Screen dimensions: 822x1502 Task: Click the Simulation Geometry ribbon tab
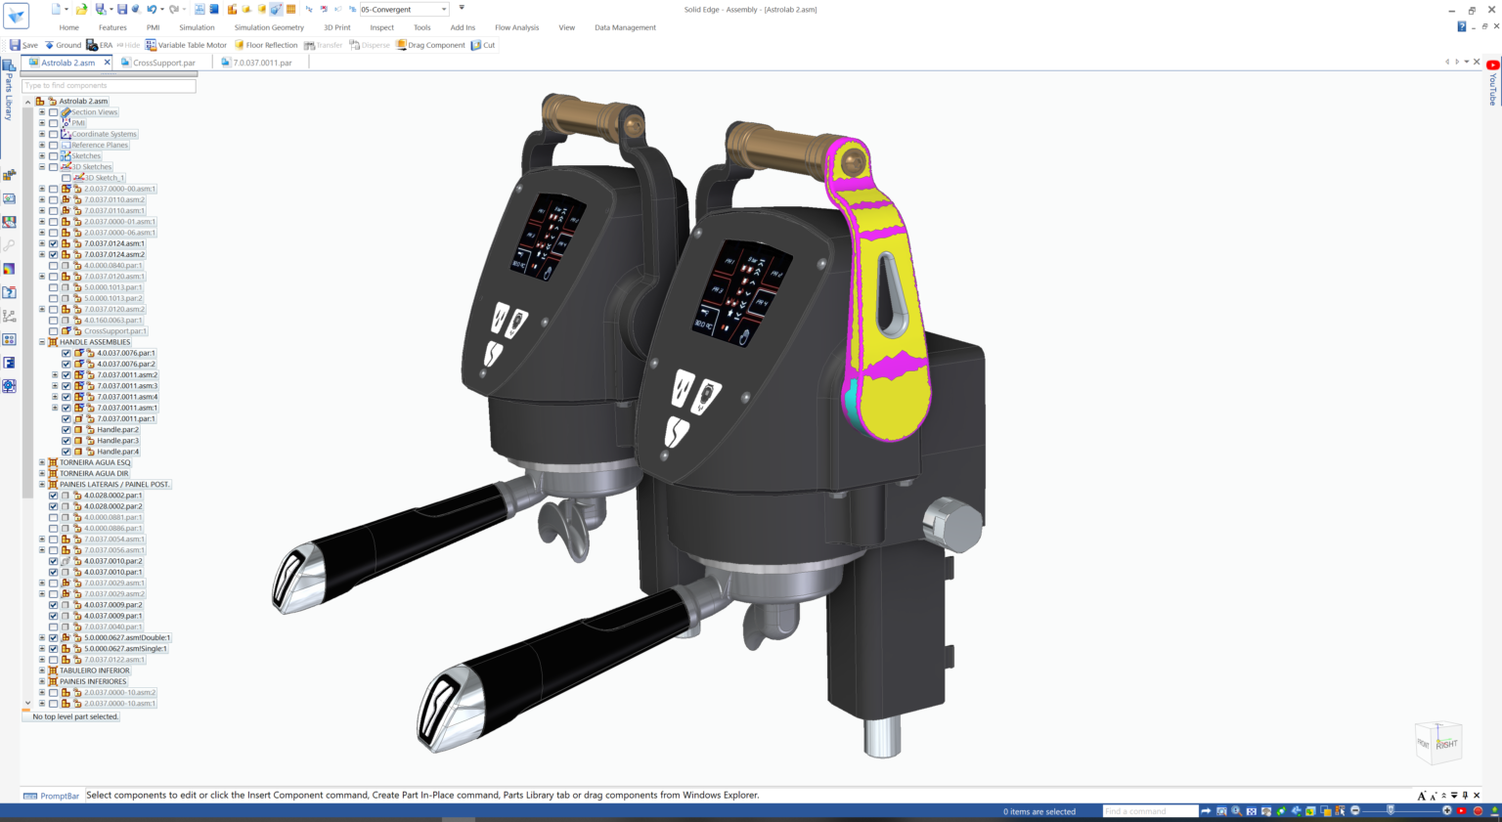[269, 27]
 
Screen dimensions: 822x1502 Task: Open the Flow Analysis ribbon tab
[516, 27]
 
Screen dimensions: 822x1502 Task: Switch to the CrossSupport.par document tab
[163, 63]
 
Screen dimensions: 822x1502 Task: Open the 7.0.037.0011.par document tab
[262, 63]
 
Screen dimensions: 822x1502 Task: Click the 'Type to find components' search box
[109, 86]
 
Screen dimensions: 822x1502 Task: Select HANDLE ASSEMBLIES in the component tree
[95, 342]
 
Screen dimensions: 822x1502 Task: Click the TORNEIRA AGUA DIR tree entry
[94, 473]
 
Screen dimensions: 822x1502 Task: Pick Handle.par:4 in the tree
[117, 452]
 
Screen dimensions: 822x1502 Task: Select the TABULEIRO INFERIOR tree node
[94, 671]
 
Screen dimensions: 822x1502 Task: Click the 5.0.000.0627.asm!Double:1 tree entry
[127, 637]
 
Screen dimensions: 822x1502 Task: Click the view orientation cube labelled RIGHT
[1438, 743]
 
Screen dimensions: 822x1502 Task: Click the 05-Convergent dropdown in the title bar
[403, 10]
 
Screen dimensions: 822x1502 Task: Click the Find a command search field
[1149, 811]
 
